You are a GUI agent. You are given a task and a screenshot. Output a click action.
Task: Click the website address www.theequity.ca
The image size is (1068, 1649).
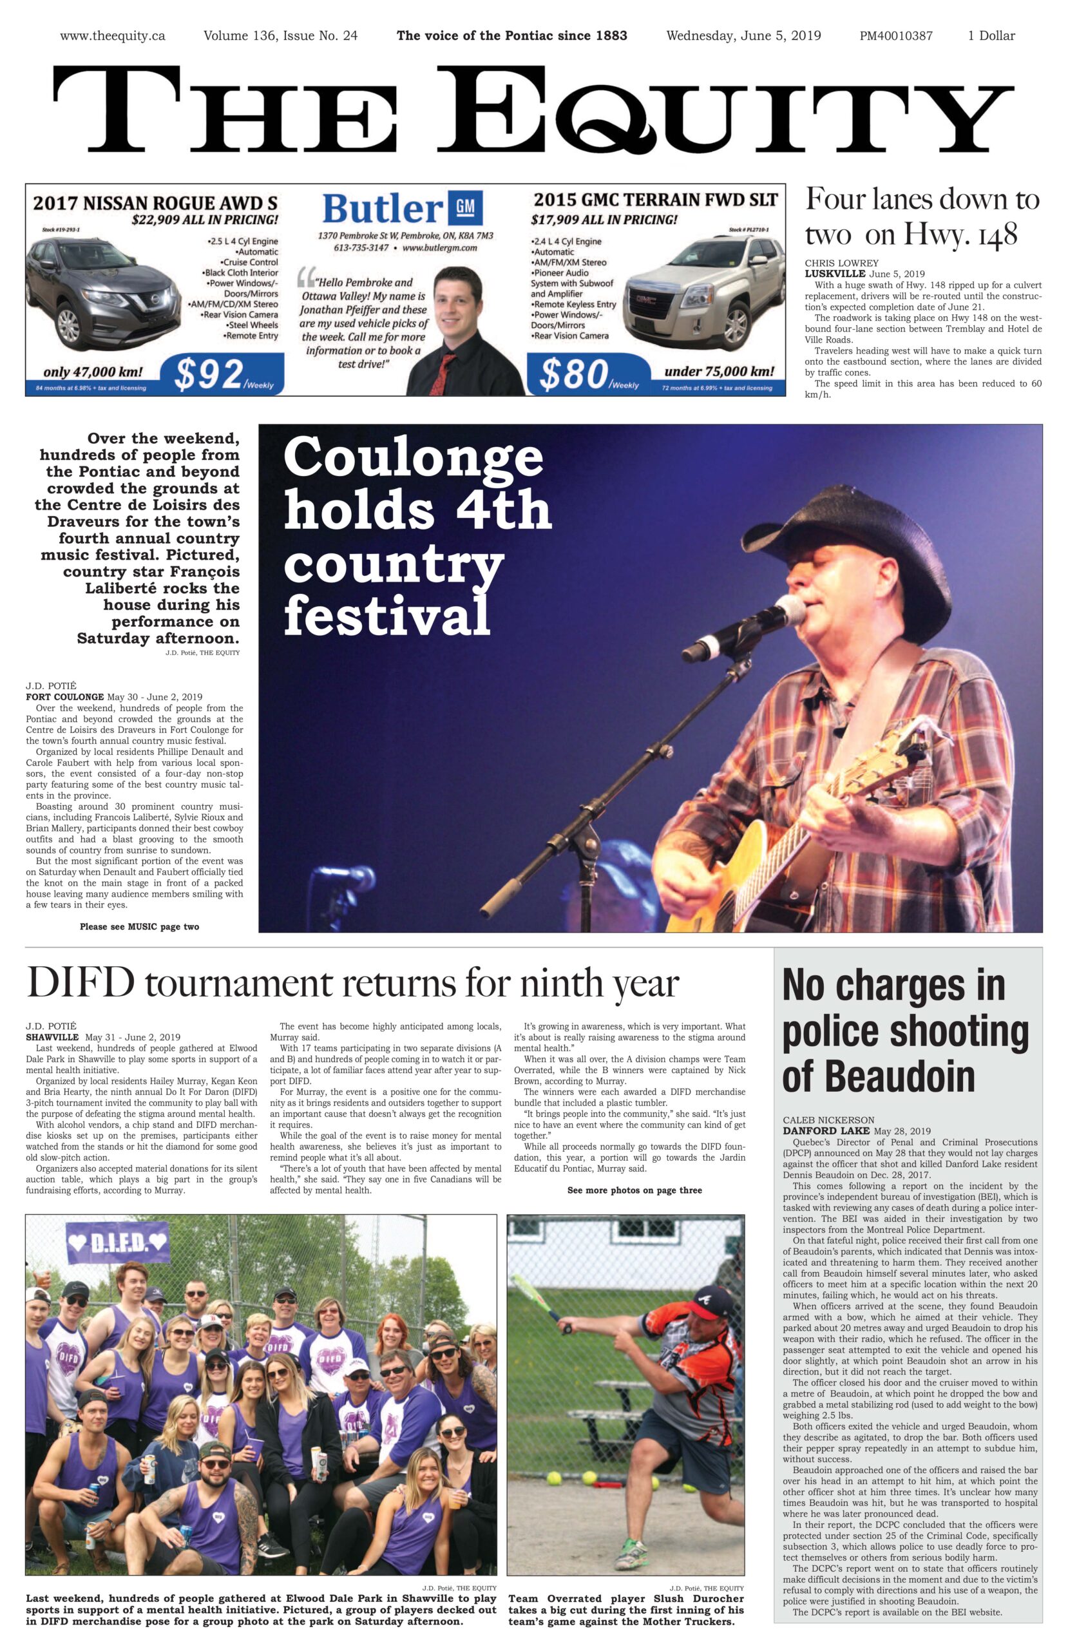(112, 36)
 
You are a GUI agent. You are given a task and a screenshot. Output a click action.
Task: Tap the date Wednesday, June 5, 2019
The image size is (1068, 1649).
(743, 36)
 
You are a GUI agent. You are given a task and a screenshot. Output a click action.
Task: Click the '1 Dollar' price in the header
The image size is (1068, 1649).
(991, 36)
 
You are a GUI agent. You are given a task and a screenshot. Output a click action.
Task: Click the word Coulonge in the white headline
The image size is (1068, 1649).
(413, 457)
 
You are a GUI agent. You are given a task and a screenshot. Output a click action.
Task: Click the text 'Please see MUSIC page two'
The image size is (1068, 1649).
(139, 926)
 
